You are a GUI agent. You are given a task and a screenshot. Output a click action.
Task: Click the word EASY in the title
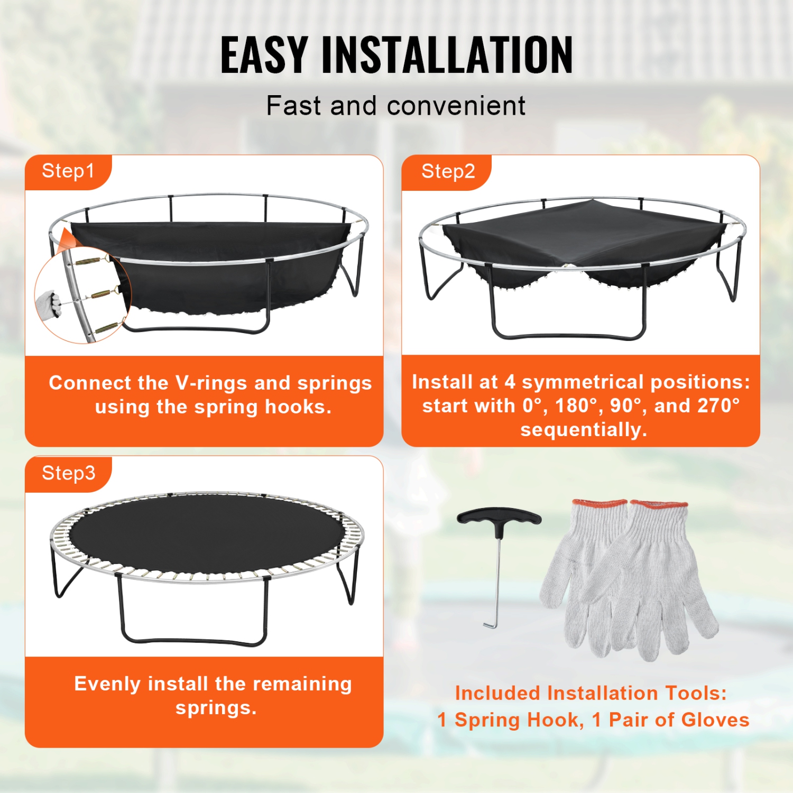pos(264,55)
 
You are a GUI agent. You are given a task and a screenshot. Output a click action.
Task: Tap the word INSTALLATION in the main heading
pos(447,55)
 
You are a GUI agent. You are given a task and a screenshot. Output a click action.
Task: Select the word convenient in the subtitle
pos(456,106)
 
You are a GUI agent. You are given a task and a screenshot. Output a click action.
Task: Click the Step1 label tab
pos(68,171)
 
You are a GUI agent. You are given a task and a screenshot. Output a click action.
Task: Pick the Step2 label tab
pos(448,171)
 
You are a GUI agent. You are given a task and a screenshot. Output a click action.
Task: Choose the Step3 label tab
pos(68,473)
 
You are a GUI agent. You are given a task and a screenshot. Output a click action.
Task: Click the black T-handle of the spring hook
pos(499,517)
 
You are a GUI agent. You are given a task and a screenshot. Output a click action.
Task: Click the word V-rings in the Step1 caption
pos(211,383)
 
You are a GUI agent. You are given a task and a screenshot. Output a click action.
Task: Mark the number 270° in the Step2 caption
pos(718,405)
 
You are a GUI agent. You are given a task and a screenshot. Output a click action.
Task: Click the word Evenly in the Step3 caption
pos(107,684)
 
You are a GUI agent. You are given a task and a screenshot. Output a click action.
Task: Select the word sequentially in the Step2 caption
pos(584,430)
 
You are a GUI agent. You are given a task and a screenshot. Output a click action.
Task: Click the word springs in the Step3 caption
pos(216,708)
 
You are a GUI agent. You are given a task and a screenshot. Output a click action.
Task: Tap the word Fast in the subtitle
pos(293,106)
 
